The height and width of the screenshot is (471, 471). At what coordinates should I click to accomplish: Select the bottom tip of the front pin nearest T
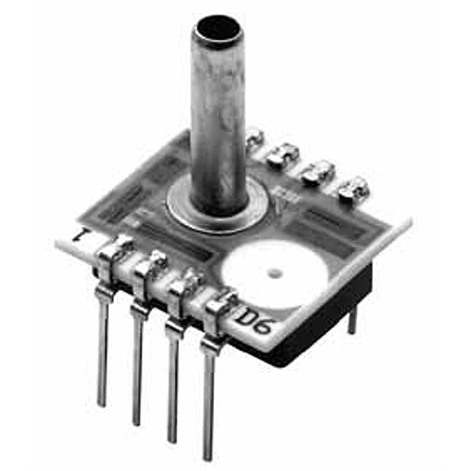pyautogui.click(x=102, y=403)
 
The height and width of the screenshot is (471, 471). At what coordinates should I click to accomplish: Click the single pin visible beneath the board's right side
pyautogui.click(x=352, y=316)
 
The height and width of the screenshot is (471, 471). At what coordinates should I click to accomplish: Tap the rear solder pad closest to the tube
pyautogui.click(x=253, y=136)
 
